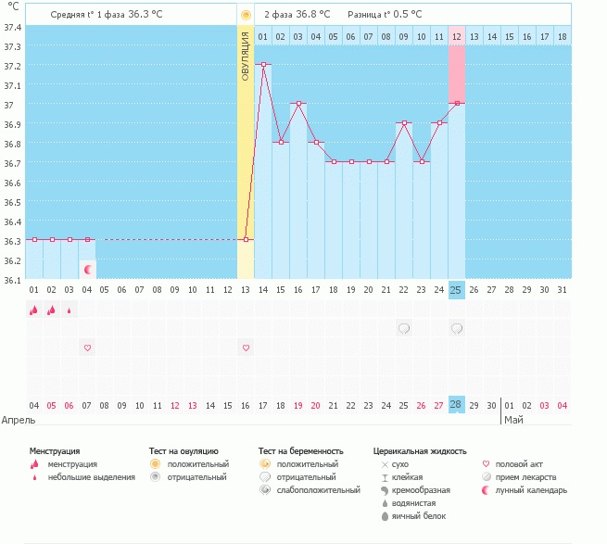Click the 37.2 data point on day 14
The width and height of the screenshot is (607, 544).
[x=263, y=65]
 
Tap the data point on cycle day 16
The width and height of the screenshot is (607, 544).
[x=298, y=104]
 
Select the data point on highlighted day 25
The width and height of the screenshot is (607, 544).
[x=457, y=104]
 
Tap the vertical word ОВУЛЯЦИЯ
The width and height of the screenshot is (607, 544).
[x=246, y=56]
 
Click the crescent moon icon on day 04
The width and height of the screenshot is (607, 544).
[x=88, y=270]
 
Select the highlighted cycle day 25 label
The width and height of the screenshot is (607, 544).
[x=456, y=290]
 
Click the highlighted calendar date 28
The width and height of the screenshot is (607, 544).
[x=456, y=405]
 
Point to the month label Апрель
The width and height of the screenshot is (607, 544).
[x=19, y=420]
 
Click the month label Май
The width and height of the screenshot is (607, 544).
[x=512, y=420]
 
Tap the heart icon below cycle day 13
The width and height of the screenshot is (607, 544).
[x=246, y=348]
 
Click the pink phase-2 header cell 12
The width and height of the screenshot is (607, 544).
[x=457, y=36]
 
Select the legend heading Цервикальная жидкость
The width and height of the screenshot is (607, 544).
[x=419, y=451]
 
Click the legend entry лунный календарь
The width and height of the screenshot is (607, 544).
[x=531, y=489]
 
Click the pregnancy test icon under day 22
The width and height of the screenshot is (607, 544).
[x=404, y=328]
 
